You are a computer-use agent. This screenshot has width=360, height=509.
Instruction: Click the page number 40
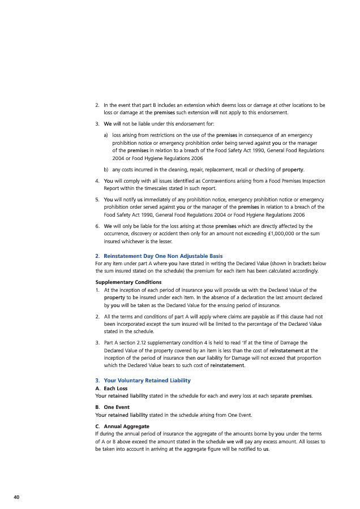click(x=16, y=497)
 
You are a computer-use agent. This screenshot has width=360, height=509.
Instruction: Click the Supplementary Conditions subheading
click(x=128, y=282)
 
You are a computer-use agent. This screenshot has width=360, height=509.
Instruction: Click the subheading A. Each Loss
click(x=112, y=388)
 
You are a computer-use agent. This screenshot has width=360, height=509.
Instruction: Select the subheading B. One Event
click(x=113, y=407)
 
